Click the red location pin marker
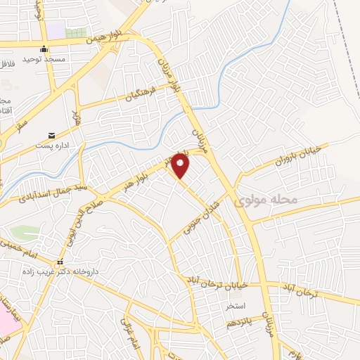[181, 166]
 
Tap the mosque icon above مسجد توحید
[44, 49]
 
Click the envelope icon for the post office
[51, 134]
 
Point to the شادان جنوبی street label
[199, 212]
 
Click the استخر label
[235, 307]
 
